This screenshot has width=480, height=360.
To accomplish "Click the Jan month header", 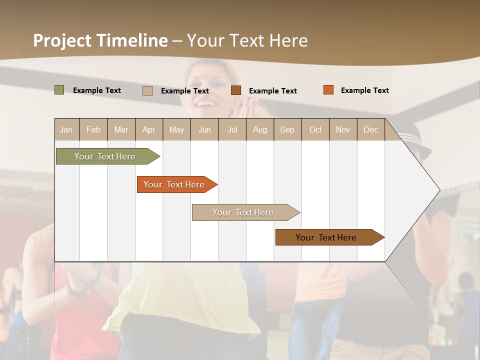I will click(x=66, y=129).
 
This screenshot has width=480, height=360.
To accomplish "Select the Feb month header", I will click(x=93, y=129).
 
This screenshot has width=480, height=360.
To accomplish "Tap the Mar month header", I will click(x=121, y=129).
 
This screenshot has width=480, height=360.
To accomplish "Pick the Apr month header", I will click(x=149, y=129).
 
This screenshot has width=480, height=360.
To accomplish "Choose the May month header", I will click(x=176, y=129).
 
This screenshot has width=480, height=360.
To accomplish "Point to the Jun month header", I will click(x=204, y=129).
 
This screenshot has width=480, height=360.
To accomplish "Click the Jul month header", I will click(x=232, y=129).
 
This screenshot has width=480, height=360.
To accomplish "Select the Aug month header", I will click(x=260, y=129).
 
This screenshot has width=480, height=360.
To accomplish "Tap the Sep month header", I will click(x=287, y=129).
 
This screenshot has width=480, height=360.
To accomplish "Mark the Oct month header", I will click(x=315, y=129).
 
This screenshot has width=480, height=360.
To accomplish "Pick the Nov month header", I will click(x=343, y=129).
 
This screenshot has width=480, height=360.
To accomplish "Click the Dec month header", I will click(x=371, y=129).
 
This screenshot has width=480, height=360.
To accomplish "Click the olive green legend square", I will click(x=59, y=90).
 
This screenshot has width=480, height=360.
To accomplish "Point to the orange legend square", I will click(x=328, y=90).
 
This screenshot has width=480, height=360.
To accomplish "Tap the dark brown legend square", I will click(x=236, y=90).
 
